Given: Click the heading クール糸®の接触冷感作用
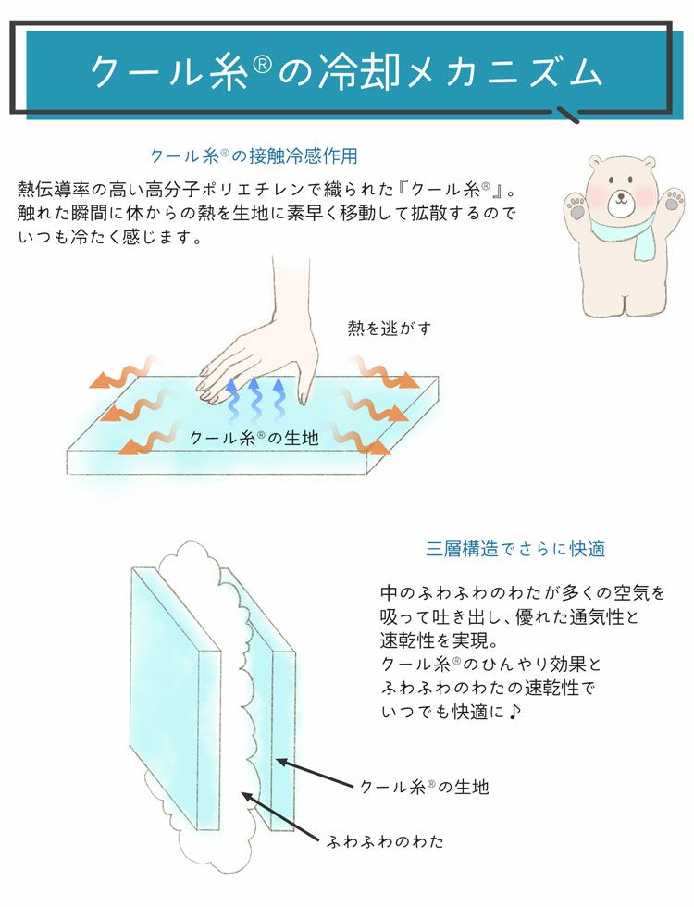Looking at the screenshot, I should (253, 155).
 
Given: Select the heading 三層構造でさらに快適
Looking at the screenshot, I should (515, 548).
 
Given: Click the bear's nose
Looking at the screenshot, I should (618, 196).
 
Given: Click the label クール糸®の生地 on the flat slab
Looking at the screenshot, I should (254, 438).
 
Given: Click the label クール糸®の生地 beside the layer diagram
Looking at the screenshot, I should (423, 787).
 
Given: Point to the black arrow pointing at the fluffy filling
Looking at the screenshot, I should (282, 818).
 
